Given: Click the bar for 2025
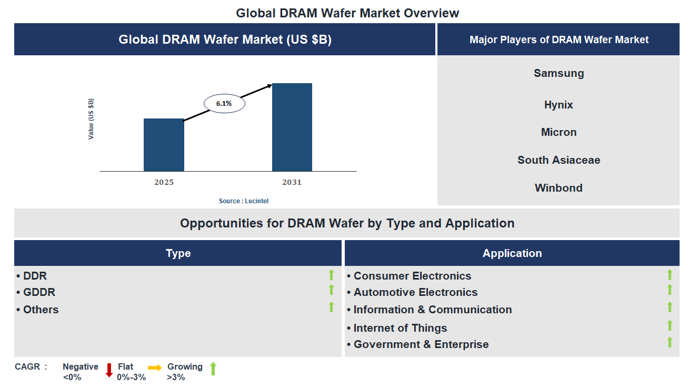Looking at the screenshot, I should click(x=164, y=145).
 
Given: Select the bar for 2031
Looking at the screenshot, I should click(x=292, y=127).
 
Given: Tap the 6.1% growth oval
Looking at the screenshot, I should click(x=224, y=104).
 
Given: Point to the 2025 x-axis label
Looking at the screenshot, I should click(x=164, y=183).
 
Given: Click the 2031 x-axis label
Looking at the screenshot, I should click(x=292, y=183).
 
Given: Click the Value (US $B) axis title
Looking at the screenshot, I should click(x=91, y=118).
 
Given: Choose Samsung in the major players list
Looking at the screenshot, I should click(x=559, y=73).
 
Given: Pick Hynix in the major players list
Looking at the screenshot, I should click(x=559, y=105).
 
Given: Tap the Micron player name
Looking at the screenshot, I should click(x=559, y=132).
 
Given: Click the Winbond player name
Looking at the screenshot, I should click(x=559, y=188).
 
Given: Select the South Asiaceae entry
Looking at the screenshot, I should click(x=559, y=160).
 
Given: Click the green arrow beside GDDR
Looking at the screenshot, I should click(x=331, y=290).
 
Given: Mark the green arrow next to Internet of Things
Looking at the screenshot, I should click(x=670, y=325).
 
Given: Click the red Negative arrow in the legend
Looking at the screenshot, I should click(x=109, y=370).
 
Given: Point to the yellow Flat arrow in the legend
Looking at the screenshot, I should click(x=155, y=368).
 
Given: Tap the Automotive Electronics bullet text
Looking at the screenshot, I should click(x=415, y=292).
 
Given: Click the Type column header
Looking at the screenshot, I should click(x=178, y=253).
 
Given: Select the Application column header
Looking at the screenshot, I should click(x=512, y=253).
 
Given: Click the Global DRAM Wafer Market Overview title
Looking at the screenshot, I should click(x=347, y=13).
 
